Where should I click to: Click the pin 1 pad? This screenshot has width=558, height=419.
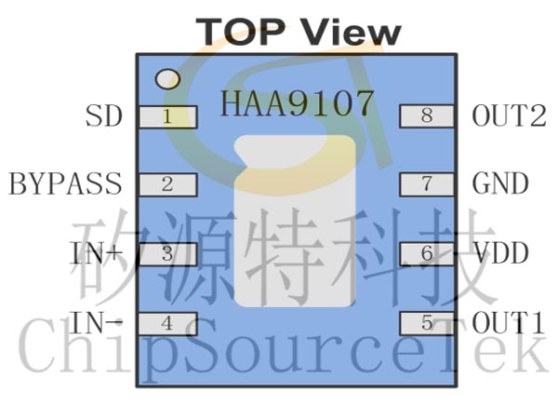tap(167, 117)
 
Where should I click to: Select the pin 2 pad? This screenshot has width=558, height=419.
tap(167, 184)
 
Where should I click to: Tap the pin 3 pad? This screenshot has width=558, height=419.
tap(167, 254)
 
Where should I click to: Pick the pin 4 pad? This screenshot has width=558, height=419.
tap(167, 323)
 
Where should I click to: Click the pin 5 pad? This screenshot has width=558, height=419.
tap(427, 323)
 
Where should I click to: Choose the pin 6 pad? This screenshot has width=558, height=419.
tap(427, 253)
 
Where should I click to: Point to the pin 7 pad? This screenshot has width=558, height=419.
tap(427, 184)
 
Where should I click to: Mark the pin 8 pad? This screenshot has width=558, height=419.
tap(427, 115)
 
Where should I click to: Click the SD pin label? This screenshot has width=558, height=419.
tap(104, 116)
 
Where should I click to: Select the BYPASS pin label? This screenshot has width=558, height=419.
tap(65, 183)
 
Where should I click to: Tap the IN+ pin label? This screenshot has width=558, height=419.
tap(96, 253)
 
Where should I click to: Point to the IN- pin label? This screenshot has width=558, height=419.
tap(96, 322)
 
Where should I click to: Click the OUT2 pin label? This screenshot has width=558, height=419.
tap(509, 115)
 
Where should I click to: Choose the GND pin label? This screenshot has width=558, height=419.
tap(500, 183)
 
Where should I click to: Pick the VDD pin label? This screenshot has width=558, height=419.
tap(500, 253)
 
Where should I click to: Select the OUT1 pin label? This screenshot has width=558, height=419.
tap(508, 322)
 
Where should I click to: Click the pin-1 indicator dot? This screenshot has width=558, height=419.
tap(167, 79)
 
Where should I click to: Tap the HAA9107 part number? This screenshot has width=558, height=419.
tap(298, 103)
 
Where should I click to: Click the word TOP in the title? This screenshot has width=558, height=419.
tap(241, 32)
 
